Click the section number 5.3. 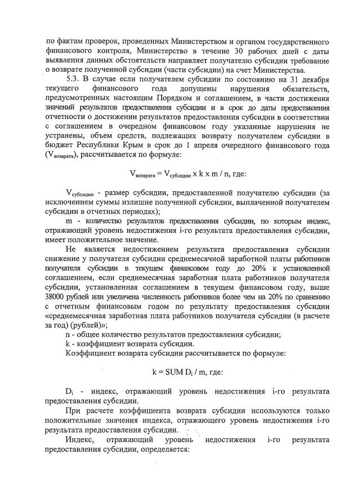[73, 78]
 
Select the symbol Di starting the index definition [69, 391]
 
